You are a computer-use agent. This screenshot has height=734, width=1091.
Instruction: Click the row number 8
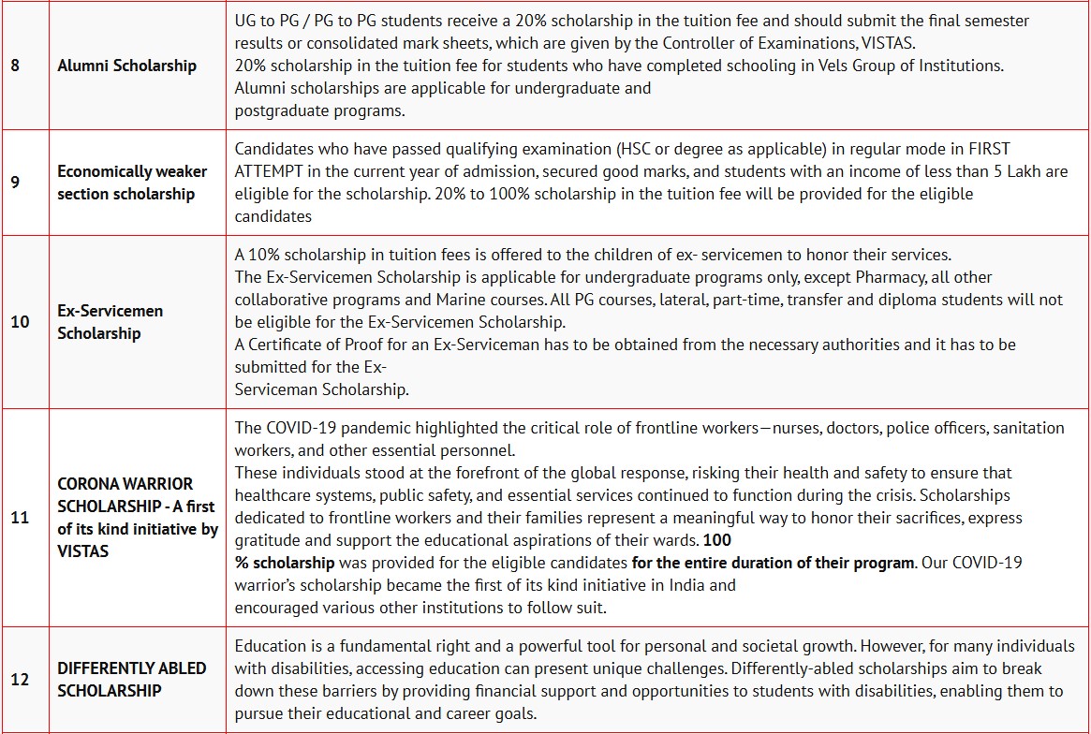point(15,66)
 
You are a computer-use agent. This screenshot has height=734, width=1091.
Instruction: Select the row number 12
point(20,680)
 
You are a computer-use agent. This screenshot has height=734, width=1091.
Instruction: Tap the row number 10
point(20,322)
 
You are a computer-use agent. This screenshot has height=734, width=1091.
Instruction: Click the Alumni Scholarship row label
point(127,66)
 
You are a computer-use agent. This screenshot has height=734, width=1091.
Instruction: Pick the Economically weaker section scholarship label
point(132,183)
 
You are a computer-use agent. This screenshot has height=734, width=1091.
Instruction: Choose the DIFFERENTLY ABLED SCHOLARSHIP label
point(132,680)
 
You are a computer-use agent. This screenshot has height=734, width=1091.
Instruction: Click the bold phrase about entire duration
point(773,563)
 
